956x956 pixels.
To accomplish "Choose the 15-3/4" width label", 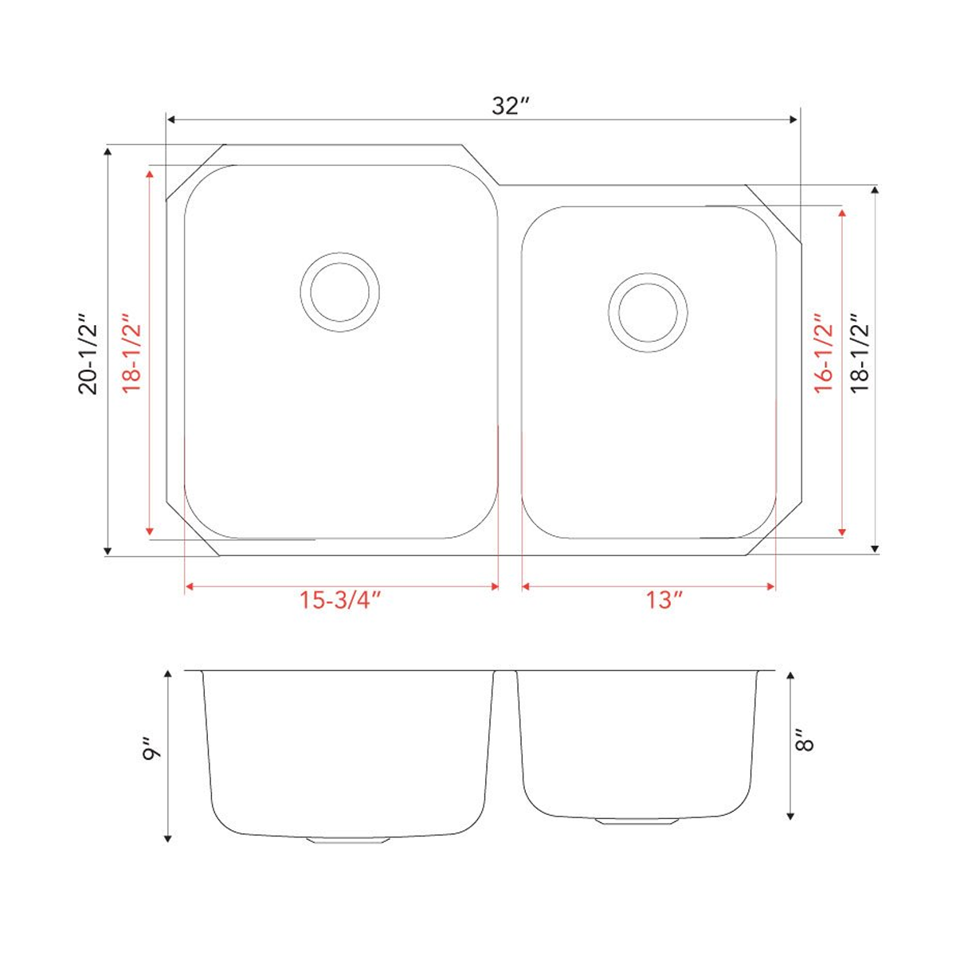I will pos(340,601).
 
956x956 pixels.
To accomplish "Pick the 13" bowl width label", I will pos(660,601).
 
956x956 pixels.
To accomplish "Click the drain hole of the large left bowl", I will pos(341,292).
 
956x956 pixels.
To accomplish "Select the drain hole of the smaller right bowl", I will pos(647,312).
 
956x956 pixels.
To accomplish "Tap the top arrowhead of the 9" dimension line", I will pos(168,676).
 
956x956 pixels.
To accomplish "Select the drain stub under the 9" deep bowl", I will pos(347,840).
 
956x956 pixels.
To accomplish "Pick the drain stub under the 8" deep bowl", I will pos(637,821).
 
